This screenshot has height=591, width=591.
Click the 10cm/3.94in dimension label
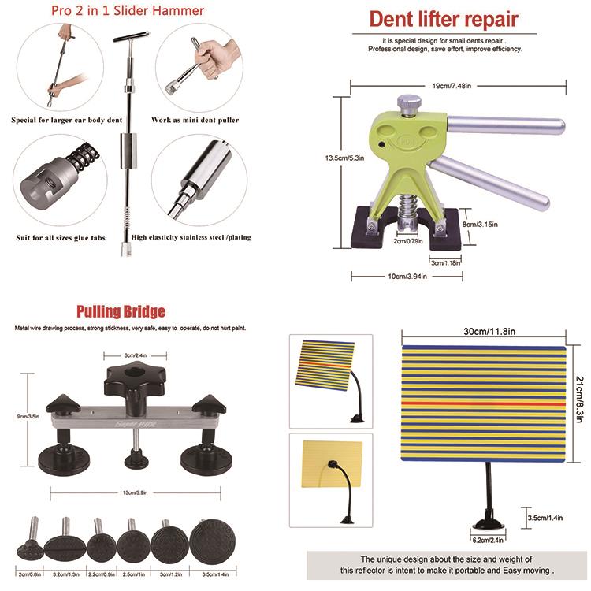pos(404,276)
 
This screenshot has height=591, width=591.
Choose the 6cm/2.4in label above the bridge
pos(135,355)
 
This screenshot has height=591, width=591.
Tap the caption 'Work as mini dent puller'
pos(195,121)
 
